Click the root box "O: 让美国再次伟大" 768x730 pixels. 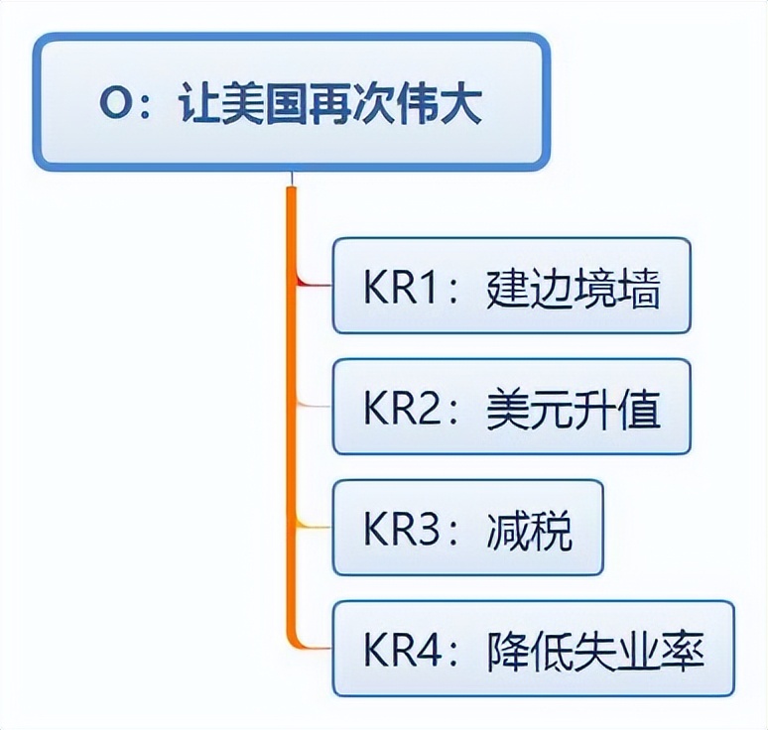pyautogui.click(x=290, y=103)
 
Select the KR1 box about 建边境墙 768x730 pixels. pyautogui.click(x=510, y=287)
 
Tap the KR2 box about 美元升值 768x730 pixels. pyautogui.click(x=510, y=408)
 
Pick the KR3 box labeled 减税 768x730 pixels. pyautogui.click(x=467, y=528)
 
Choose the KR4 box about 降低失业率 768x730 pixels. pyautogui.click(x=533, y=649)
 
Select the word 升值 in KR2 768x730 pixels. pyautogui.click(x=617, y=409)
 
